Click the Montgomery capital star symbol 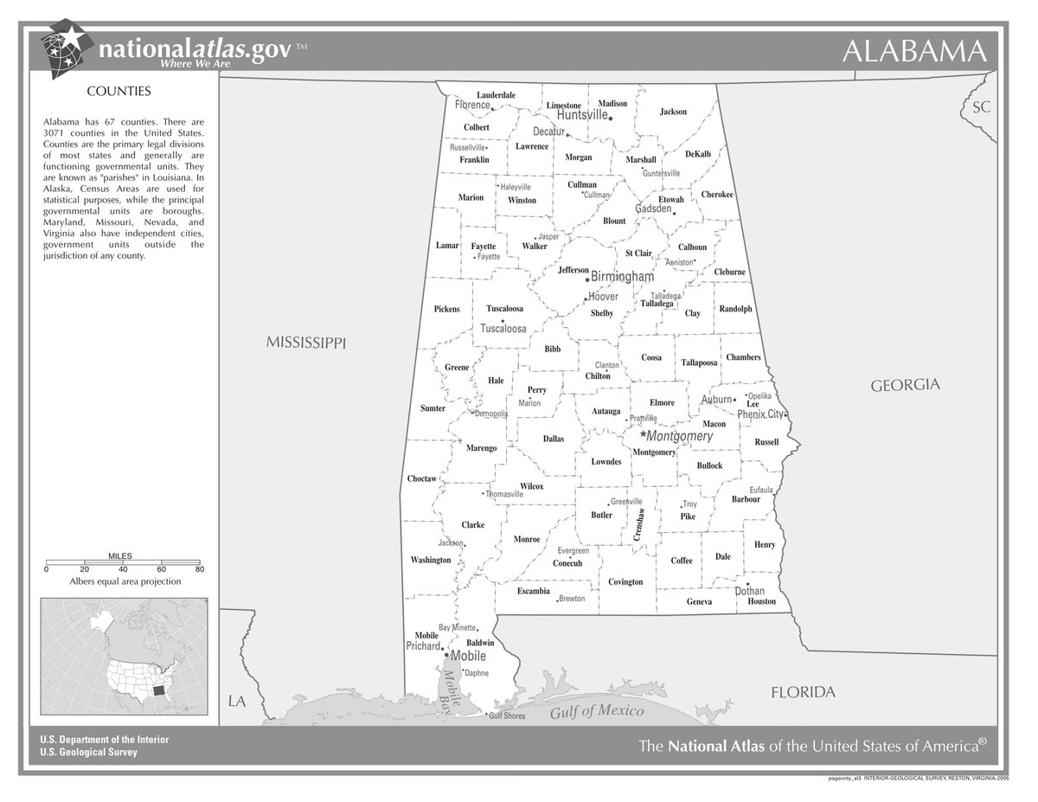coord(643,433)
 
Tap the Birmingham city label coord(622,277)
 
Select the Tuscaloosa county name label coord(504,308)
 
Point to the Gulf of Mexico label coord(597,711)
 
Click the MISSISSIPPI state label coord(305,343)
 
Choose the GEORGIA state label coord(905,385)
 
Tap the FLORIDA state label coord(803,692)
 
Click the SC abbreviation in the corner coord(981,107)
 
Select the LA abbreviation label coord(237,701)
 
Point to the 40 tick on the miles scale coord(123,569)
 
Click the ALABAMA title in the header coord(914,51)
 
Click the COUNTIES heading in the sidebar coord(119,91)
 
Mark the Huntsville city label coord(582,115)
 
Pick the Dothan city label coord(750,591)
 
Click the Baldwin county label coord(480,643)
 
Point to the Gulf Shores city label coord(507,715)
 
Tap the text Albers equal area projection coord(125,581)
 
